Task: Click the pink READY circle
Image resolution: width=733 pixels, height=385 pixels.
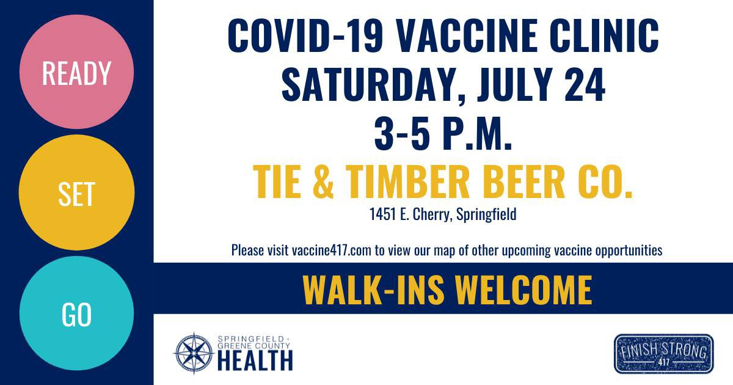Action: click(x=76, y=71)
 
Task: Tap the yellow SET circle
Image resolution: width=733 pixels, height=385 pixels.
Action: click(x=76, y=193)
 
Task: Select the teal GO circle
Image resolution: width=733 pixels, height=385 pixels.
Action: click(x=76, y=313)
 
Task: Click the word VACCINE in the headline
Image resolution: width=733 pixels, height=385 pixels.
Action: click(x=467, y=35)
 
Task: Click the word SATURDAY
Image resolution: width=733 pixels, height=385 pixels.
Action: click(x=372, y=85)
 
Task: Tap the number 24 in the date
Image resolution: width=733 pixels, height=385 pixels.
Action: click(x=585, y=85)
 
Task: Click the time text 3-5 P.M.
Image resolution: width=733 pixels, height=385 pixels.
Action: click(x=443, y=133)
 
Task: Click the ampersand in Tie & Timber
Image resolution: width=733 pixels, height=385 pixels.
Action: click(x=323, y=182)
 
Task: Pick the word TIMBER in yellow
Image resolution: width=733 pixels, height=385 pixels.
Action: click(x=408, y=182)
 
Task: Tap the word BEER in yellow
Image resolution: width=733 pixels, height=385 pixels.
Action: click(x=523, y=182)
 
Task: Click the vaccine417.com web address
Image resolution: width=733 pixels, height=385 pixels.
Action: click(x=332, y=251)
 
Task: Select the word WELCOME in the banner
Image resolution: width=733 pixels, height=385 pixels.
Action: click(x=524, y=290)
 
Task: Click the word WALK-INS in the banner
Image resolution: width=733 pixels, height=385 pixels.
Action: click(x=374, y=290)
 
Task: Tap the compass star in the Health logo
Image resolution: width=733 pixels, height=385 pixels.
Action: click(x=194, y=353)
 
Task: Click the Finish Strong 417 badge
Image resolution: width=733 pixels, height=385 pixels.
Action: click(x=663, y=354)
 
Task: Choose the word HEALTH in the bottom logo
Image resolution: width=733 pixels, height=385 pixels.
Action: click(x=255, y=361)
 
